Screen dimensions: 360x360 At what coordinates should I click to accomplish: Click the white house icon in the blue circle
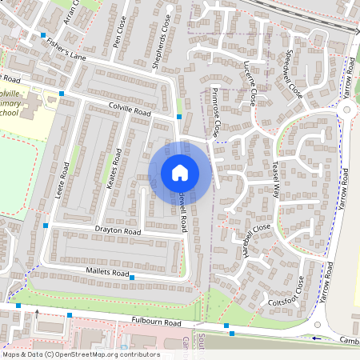(x=180, y=173)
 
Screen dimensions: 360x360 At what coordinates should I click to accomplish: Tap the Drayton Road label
(x=118, y=232)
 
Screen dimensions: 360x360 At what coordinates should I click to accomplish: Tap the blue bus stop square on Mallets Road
(x=133, y=277)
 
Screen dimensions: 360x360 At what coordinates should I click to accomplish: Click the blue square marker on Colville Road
(x=179, y=117)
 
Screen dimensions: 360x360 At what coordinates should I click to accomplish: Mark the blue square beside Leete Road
(x=47, y=226)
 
